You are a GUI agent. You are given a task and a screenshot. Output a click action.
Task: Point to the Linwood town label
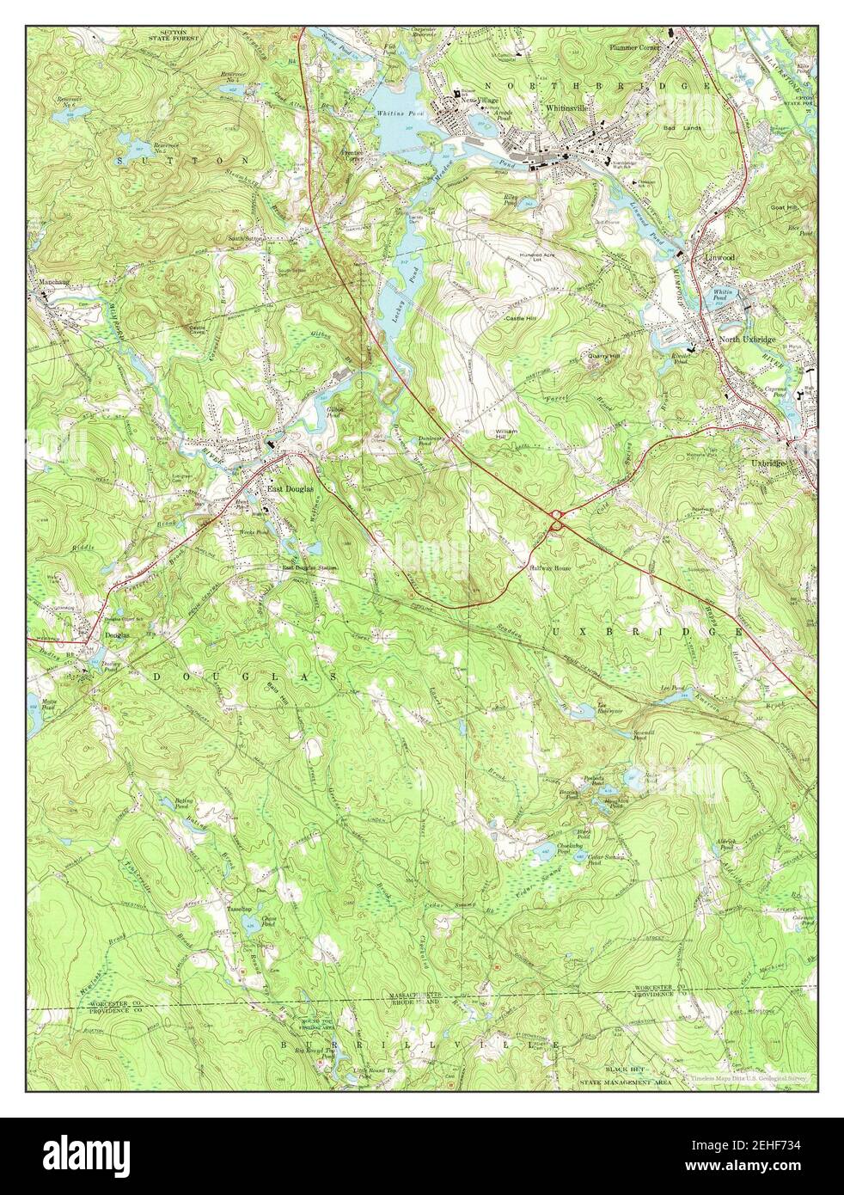click(719, 257)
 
